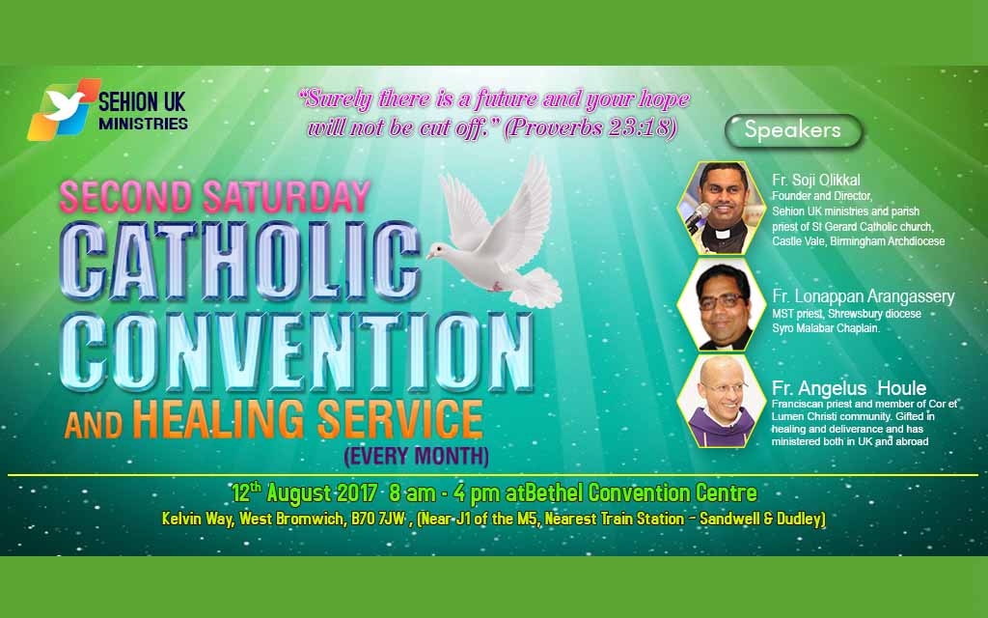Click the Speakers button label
coord(793,130)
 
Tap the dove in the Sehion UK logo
coord(64,105)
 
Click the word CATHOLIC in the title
coord(240,260)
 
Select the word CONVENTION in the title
coord(296,351)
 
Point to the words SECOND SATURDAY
coord(215,197)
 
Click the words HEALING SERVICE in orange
coord(308,419)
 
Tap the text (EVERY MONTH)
coord(417,456)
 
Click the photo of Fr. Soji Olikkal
coord(721,208)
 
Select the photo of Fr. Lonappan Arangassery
coord(721,304)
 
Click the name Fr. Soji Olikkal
coord(816,180)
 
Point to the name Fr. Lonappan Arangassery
coord(864,296)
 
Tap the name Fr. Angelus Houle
coord(849,387)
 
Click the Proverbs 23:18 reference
coord(590,128)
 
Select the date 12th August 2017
coord(304,492)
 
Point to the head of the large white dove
coord(440,252)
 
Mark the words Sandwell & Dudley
coord(762,519)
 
